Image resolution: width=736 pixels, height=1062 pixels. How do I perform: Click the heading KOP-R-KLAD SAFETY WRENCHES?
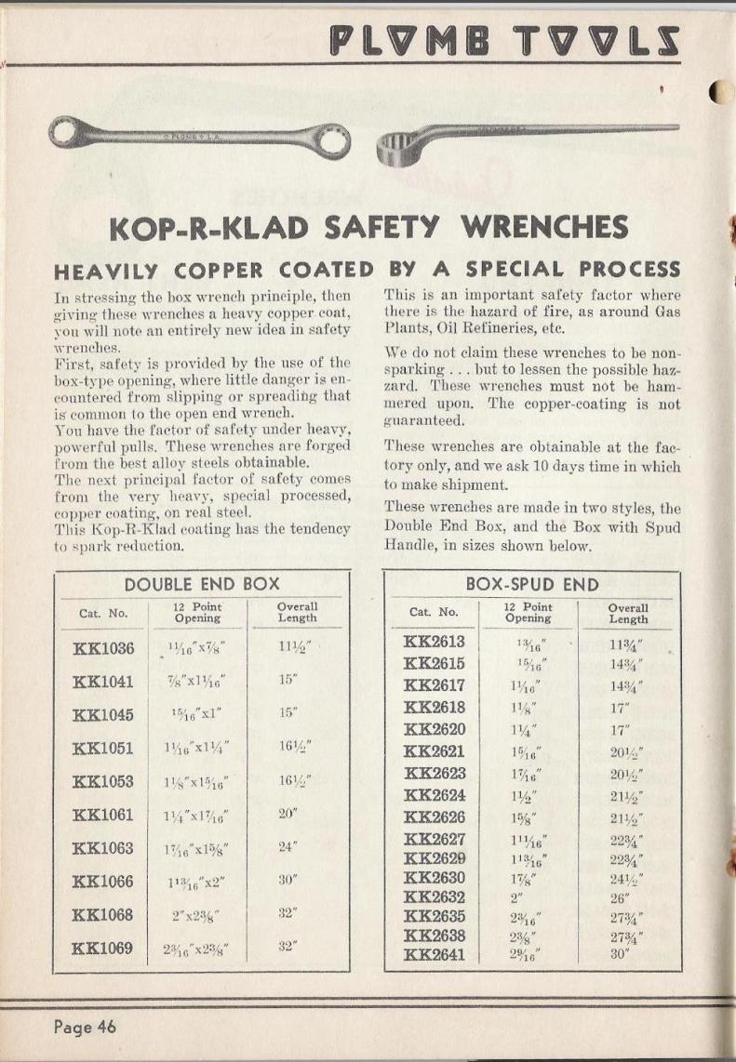pyautogui.click(x=368, y=226)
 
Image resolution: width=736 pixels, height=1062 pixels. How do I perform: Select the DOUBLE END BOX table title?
pyautogui.click(x=202, y=584)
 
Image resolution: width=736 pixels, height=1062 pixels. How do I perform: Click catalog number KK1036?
pyautogui.click(x=104, y=648)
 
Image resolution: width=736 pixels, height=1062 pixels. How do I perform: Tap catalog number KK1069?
pyautogui.click(x=104, y=949)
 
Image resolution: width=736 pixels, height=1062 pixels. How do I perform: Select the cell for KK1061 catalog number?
pyautogui.click(x=104, y=816)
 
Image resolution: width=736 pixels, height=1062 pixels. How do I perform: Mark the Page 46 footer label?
pyautogui.click(x=85, y=1027)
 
